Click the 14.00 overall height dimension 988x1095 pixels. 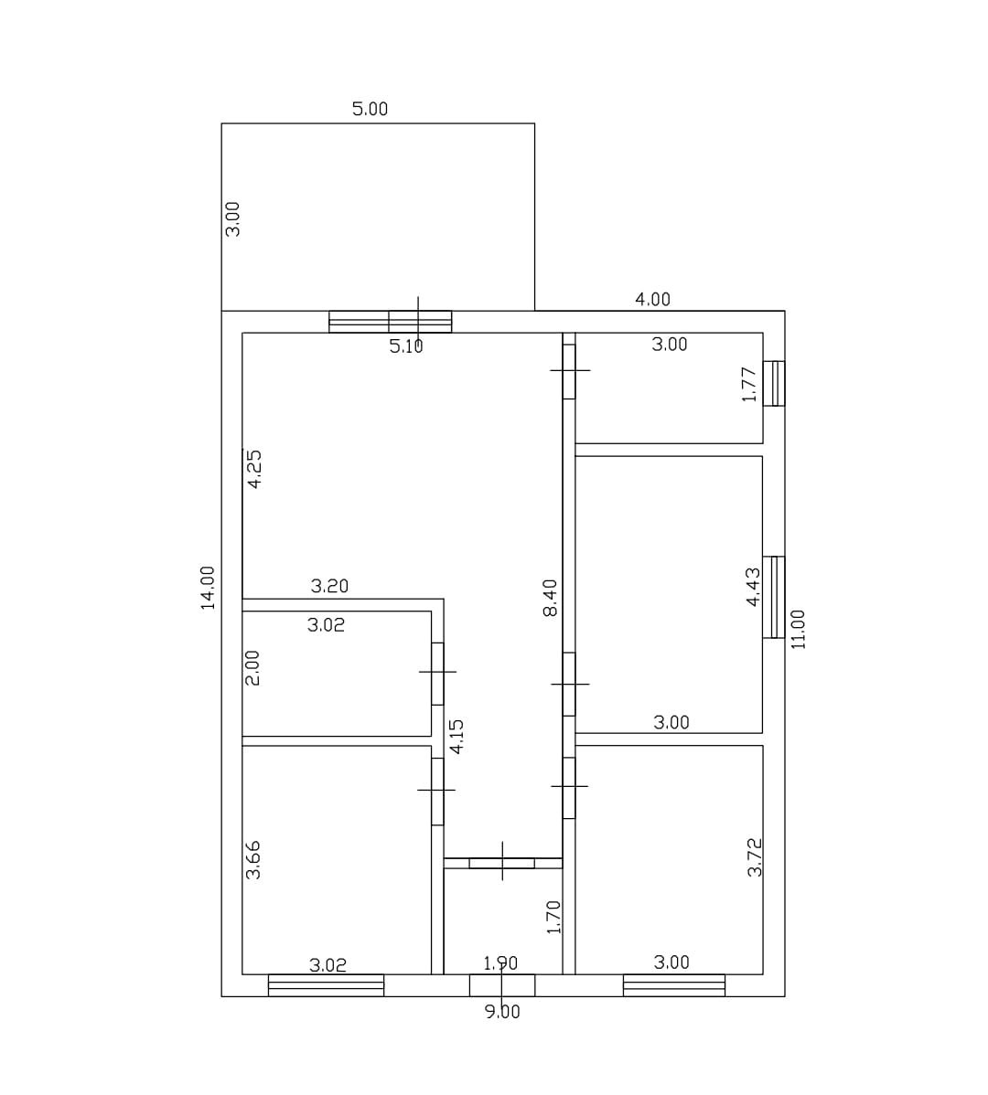pyautogui.click(x=209, y=588)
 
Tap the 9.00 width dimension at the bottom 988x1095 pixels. pyautogui.click(x=502, y=1012)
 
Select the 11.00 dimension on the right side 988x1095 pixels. pyautogui.click(x=799, y=629)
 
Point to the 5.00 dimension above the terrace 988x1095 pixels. pyautogui.click(x=370, y=109)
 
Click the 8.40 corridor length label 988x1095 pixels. pyautogui.click(x=551, y=598)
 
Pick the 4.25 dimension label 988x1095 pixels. pyautogui.click(x=254, y=469)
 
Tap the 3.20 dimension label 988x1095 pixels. pyautogui.click(x=330, y=586)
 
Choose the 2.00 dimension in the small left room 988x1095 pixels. pyautogui.click(x=252, y=668)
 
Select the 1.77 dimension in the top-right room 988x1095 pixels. pyautogui.click(x=749, y=384)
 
